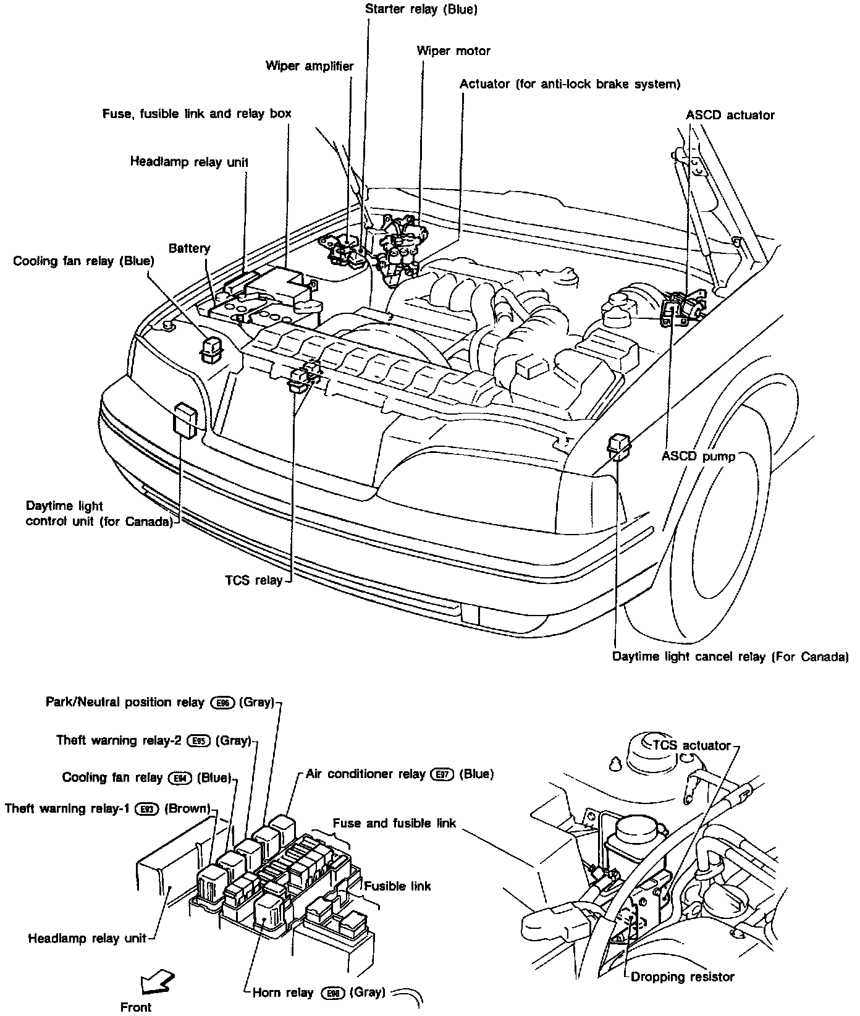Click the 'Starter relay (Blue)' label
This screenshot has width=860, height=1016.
pyautogui.click(x=421, y=9)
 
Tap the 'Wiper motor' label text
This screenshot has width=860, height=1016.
pyautogui.click(x=453, y=51)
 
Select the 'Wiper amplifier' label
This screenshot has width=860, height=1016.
pyautogui.click(x=310, y=66)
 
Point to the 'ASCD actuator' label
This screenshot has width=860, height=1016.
pyautogui.click(x=730, y=115)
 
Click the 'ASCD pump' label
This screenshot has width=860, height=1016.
pyautogui.click(x=698, y=456)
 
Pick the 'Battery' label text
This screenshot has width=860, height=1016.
pyautogui.click(x=190, y=248)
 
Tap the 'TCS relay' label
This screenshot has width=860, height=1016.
pyautogui.click(x=254, y=580)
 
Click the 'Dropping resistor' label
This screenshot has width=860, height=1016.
pyautogui.click(x=682, y=977)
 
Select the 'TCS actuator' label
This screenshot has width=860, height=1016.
pyautogui.click(x=691, y=745)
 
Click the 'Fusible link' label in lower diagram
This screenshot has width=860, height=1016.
pyautogui.click(x=397, y=886)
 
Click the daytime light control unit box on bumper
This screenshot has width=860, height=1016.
pyautogui.click(x=187, y=420)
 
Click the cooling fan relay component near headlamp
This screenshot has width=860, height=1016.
pyautogui.click(x=211, y=349)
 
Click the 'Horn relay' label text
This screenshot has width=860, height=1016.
pyautogui.click(x=283, y=993)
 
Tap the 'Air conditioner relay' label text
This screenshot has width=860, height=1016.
pyautogui.click(x=366, y=774)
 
